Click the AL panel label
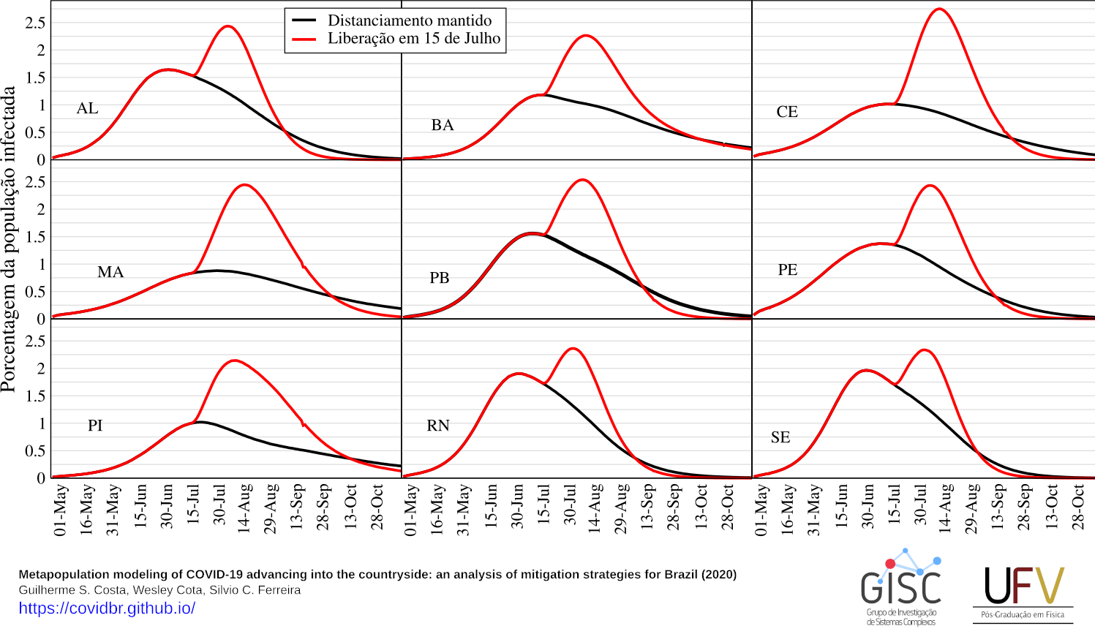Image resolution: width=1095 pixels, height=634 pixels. pyautogui.click(x=87, y=108)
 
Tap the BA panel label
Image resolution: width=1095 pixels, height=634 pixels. pyautogui.click(x=442, y=125)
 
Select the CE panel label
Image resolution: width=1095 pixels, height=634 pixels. pyautogui.click(x=787, y=112)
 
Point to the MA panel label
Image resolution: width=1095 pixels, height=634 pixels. pyautogui.click(x=110, y=272)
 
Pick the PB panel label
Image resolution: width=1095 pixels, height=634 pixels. pyautogui.click(x=439, y=278)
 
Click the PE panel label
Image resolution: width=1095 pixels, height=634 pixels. pyautogui.click(x=787, y=270)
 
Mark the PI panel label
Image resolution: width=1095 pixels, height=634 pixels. pyautogui.click(x=95, y=426)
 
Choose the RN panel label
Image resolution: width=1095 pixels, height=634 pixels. pyautogui.click(x=438, y=426)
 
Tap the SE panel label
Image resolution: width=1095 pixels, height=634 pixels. pyautogui.click(x=780, y=437)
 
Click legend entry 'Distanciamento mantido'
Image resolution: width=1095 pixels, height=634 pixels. pyautogui.click(x=409, y=20)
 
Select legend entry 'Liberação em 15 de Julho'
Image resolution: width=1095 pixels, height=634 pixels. pyautogui.click(x=413, y=39)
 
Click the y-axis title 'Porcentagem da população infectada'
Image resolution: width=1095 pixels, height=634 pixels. pyautogui.click(x=9, y=239)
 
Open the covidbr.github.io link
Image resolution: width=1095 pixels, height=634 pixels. pyautogui.click(x=107, y=608)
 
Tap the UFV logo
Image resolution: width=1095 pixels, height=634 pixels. pyautogui.click(x=1023, y=592)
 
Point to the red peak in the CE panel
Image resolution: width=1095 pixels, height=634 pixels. pyautogui.click(x=938, y=10)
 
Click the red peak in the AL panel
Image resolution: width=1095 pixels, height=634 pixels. pyautogui.click(x=227, y=26)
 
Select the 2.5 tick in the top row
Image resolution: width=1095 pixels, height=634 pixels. pyautogui.click(x=35, y=23)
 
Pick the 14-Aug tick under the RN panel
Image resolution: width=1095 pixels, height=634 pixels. pyautogui.click(x=595, y=507)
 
